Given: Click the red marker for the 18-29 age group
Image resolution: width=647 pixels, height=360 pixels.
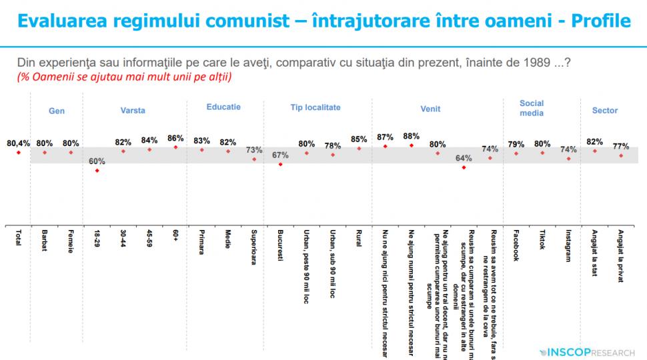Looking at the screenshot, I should (x=97, y=171).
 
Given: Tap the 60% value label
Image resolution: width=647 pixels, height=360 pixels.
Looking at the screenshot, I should (x=97, y=161).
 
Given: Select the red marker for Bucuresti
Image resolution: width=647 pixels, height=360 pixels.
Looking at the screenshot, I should (x=281, y=164).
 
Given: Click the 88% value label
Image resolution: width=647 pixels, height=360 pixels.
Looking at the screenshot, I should (x=412, y=136).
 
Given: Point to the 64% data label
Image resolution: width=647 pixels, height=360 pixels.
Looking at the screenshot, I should (x=464, y=159).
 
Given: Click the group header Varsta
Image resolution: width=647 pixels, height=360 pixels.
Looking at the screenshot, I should (x=133, y=111).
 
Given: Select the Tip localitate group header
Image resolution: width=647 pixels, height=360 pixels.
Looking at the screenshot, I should (x=315, y=107).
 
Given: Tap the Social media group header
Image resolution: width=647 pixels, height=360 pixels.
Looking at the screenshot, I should (x=532, y=108).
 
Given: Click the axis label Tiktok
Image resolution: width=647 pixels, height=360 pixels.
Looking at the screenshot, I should (x=542, y=242).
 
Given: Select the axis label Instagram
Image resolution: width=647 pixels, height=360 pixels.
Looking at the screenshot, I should (x=568, y=247).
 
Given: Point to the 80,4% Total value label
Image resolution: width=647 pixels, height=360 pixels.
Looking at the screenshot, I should (x=18, y=143).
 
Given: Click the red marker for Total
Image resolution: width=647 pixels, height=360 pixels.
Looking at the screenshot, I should (x=18, y=153).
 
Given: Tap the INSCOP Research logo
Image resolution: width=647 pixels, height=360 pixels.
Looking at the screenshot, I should (x=588, y=351).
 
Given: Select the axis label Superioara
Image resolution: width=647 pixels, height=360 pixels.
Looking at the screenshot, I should (x=254, y=247).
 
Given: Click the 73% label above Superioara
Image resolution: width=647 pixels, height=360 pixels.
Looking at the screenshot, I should (x=254, y=150).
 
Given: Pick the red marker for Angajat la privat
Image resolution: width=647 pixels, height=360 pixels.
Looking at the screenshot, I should (x=621, y=155).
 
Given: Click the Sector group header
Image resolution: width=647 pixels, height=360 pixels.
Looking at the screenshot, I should (x=605, y=111).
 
